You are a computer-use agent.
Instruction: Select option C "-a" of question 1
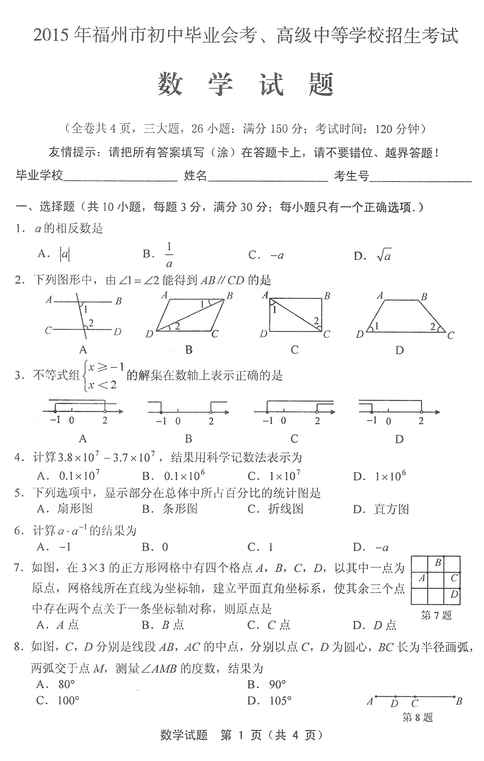(277, 255)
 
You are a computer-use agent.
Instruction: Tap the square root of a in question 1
(384, 255)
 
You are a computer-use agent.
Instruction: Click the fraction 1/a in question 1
(169, 255)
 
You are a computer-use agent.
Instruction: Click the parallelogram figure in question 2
(189, 315)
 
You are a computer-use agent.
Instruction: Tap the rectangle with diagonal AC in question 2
(296, 315)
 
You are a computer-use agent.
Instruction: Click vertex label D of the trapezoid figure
(360, 334)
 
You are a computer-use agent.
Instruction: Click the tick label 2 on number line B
(211, 421)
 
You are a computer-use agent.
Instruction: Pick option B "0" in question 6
(165, 547)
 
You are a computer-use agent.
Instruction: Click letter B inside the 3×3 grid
(438, 563)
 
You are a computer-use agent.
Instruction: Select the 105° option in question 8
(280, 701)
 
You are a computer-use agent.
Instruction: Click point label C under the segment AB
(415, 704)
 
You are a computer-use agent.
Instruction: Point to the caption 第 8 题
(417, 718)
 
